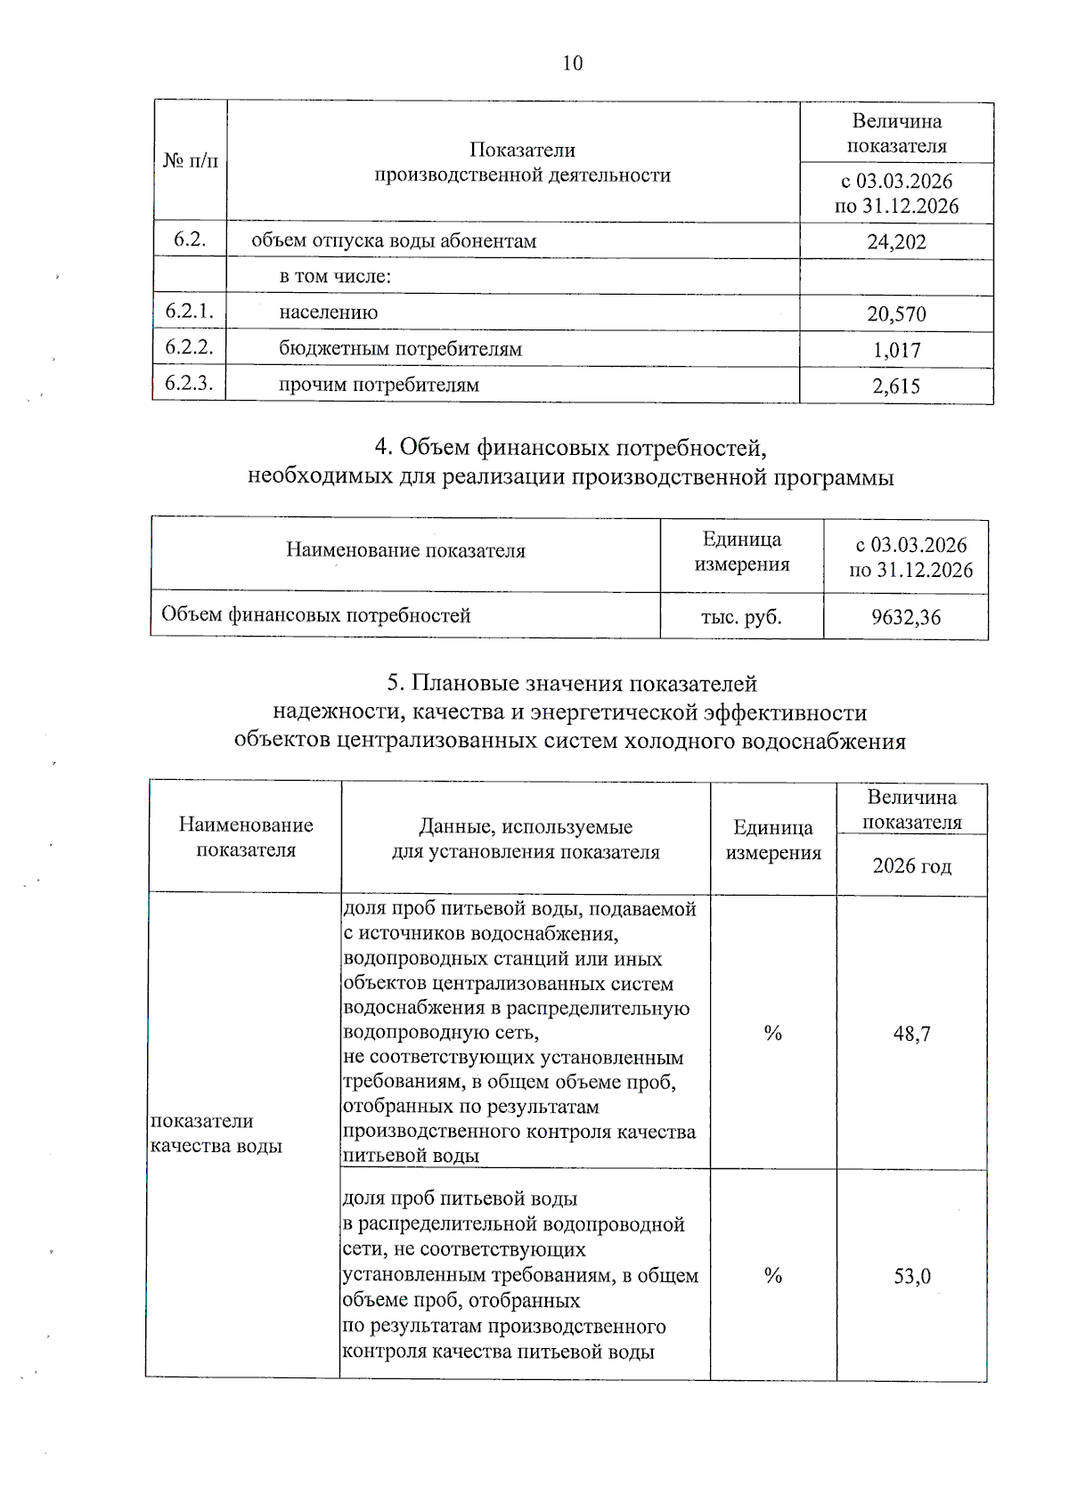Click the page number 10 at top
click(x=573, y=63)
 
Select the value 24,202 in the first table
click(x=896, y=242)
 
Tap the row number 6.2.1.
click(x=190, y=311)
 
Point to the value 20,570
click(x=896, y=314)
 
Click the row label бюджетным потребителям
click(x=400, y=349)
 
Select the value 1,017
click(x=896, y=351)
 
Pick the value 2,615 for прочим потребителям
click(x=896, y=386)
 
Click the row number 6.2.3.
click(x=190, y=383)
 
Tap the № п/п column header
click(x=191, y=161)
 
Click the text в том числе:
click(x=335, y=277)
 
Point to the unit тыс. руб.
click(x=741, y=617)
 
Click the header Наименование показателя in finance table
click(x=405, y=551)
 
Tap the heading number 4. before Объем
click(x=383, y=447)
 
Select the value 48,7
click(x=911, y=1034)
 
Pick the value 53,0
click(x=911, y=1277)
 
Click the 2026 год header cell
click(x=911, y=866)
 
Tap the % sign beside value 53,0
click(x=772, y=1276)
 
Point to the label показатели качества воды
click(x=216, y=1133)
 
